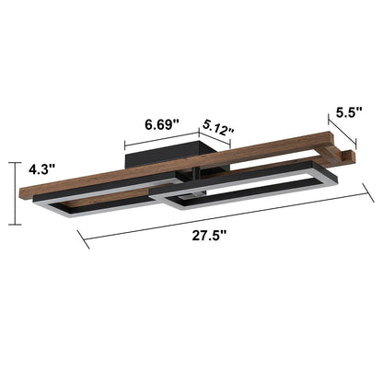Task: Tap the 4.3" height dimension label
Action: (41, 170)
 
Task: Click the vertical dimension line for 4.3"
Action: (13, 193)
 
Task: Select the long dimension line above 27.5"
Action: (230, 217)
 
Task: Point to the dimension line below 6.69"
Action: (160, 139)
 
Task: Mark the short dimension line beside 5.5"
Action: (342, 128)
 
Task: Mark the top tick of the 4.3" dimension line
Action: (13, 162)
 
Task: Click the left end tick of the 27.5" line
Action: (84, 241)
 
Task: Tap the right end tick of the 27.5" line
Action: (373, 191)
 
